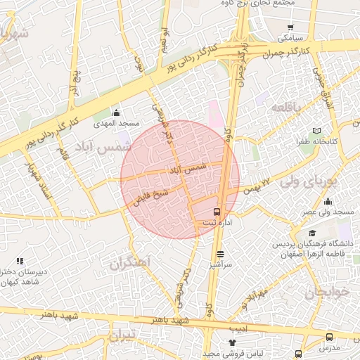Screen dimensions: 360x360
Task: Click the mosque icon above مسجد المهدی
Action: click(x=116, y=112)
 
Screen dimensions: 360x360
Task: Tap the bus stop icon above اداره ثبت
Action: click(x=217, y=211)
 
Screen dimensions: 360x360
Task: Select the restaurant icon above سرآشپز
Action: click(x=221, y=254)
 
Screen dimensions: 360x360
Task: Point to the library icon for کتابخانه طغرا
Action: click(x=317, y=131)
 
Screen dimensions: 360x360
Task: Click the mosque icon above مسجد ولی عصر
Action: click(x=328, y=202)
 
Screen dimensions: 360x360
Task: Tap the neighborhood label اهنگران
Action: click(x=131, y=262)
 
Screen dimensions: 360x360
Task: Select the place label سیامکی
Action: click(x=290, y=35)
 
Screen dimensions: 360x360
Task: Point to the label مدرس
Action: click(x=329, y=348)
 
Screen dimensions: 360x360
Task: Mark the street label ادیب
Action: click(x=238, y=328)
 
